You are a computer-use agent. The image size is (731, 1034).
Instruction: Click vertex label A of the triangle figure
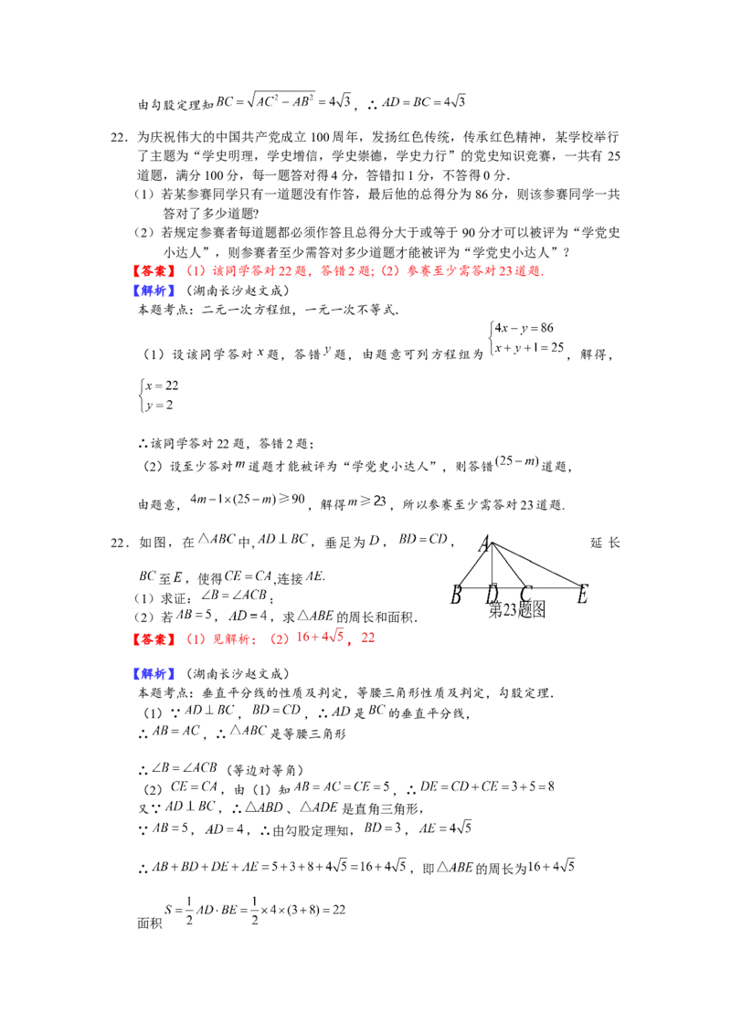point(484,544)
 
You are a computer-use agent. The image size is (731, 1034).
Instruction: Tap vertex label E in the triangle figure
point(582,596)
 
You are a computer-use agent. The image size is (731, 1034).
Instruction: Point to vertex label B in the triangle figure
point(455,596)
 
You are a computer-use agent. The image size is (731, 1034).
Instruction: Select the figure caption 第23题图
point(516,610)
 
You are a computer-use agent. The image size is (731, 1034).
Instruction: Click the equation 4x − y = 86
point(524,328)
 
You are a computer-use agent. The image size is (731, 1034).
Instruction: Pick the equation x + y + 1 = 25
point(529,347)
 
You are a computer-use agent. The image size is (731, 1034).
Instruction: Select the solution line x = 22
point(162,385)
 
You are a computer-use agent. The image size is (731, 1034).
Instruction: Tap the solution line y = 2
point(159,405)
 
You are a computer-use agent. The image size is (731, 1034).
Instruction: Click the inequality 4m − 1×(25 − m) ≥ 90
point(248,500)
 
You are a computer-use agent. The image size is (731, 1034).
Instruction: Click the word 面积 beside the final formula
point(150,923)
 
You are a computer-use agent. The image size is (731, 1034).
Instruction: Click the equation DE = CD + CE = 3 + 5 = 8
point(487,786)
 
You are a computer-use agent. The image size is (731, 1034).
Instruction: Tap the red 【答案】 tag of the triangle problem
point(154,639)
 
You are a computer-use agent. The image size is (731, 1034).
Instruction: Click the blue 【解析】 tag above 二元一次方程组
point(154,290)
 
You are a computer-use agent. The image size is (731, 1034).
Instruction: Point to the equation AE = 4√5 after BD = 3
point(445,828)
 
